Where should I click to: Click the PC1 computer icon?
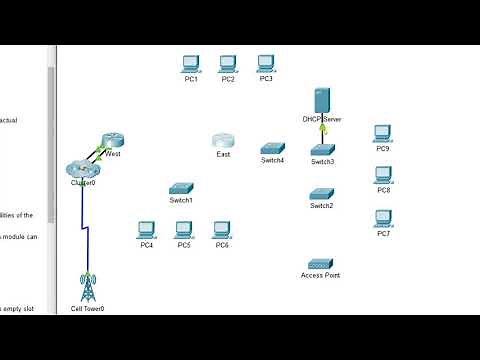[x=191, y=64]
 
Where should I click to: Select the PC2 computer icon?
[x=228, y=64]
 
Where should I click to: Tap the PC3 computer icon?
[x=266, y=63]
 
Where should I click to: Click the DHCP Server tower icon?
[x=322, y=101]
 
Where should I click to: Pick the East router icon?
[x=223, y=142]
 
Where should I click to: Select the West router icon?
[x=111, y=142]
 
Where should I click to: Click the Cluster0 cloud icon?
[x=81, y=170]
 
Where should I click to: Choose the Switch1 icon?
[x=181, y=188]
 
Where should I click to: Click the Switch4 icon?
[x=272, y=148]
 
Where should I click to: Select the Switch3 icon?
[x=322, y=149]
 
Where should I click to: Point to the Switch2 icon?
[x=321, y=193]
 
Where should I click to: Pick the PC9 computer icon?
[x=382, y=134]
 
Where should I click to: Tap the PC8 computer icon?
[x=382, y=175]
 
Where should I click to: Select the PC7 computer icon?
[x=382, y=219]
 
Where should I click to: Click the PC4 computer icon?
[x=146, y=230]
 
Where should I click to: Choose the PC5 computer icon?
[x=184, y=230]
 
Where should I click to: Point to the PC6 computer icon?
[x=222, y=230]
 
